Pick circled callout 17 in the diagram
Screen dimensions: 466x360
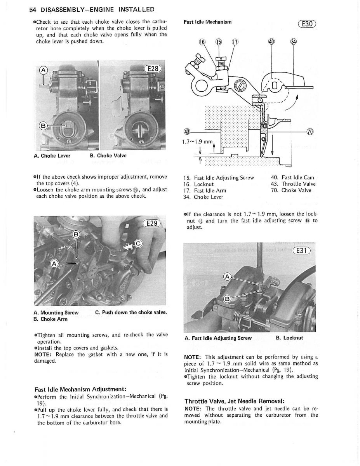pos(235,42)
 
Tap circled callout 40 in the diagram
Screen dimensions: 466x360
pos(271,42)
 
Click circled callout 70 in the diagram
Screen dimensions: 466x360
pos(311,131)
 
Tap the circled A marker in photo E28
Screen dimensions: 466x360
pos(44,70)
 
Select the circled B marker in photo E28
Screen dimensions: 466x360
pos(43,126)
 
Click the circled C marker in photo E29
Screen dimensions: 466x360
pos(139,243)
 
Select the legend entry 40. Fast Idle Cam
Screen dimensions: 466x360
pos(292,177)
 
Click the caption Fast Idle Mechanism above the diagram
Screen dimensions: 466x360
pos(207,22)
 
